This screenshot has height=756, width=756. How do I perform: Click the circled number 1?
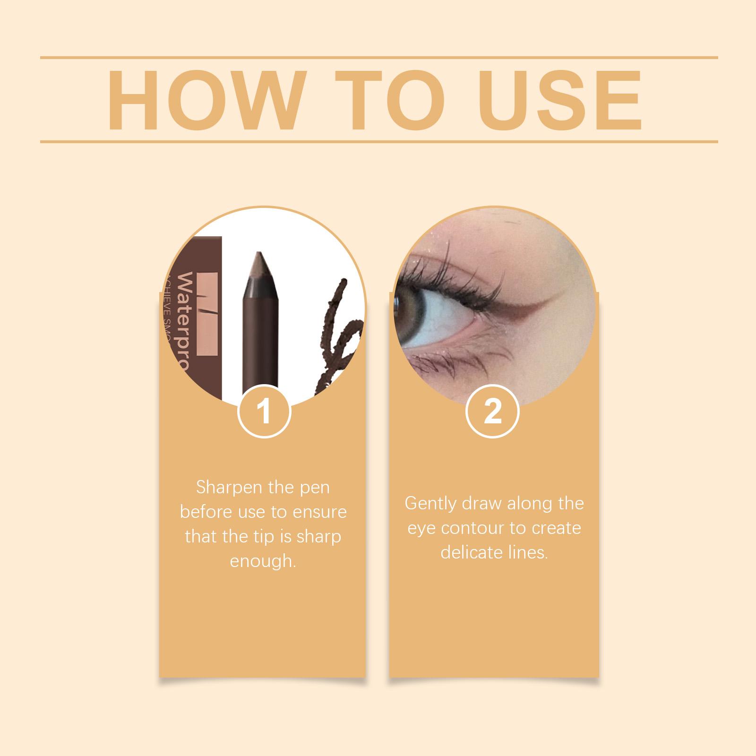[x=264, y=412]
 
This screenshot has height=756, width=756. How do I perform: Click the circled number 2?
[x=492, y=412]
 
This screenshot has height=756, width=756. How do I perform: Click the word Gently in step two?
[x=430, y=503]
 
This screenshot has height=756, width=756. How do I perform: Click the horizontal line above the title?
[x=378, y=58]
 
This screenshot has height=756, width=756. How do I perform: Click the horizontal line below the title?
[x=378, y=141]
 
